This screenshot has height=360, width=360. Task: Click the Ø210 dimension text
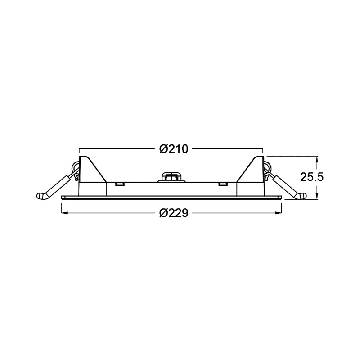pyautogui.click(x=174, y=149)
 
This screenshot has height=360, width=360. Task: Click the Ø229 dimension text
pyautogui.click(x=174, y=213)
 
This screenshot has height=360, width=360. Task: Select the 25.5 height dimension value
pyautogui.click(x=312, y=177)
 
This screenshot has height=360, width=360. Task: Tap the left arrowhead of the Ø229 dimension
pyautogui.click(x=64, y=213)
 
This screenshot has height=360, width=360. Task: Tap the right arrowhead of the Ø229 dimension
pyautogui.click(x=279, y=213)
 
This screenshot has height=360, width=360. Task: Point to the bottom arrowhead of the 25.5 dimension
pyautogui.click(x=317, y=196)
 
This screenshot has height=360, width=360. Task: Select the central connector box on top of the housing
pyautogui.click(x=171, y=177)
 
